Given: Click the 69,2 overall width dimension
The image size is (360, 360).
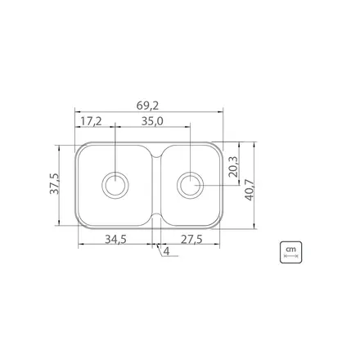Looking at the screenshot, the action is point(147,106).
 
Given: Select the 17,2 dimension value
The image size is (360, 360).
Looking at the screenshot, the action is point(91,121).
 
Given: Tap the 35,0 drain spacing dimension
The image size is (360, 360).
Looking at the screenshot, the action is point(152,121).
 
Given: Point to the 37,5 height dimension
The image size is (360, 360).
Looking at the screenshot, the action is point(54,183).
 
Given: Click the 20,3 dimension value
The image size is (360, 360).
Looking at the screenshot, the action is point(234,167).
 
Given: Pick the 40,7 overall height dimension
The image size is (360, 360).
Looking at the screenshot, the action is point(250,190).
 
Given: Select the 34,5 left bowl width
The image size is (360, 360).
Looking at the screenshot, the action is point(115,240).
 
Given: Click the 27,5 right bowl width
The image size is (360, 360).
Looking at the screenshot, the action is point(191,240).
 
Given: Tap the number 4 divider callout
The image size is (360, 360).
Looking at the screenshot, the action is point(166,251).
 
